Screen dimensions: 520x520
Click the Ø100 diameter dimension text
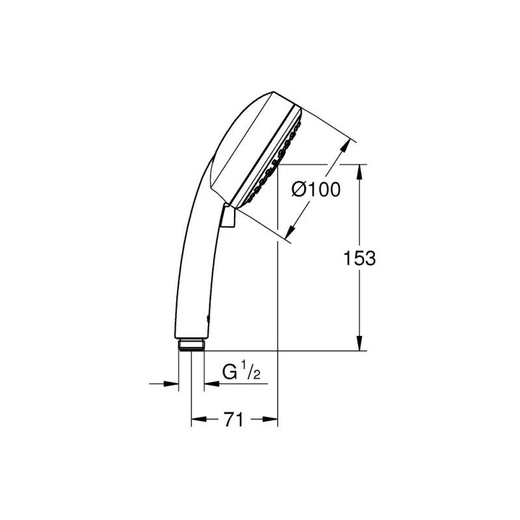click(316, 190)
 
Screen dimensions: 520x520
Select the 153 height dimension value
click(359, 258)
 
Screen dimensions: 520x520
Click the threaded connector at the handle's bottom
click(191, 344)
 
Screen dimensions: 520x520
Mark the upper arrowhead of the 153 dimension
click(359, 169)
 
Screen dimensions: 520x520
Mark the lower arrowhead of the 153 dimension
click(359, 346)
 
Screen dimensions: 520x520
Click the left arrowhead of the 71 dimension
click(196, 420)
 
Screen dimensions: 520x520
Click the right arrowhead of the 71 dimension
click(273, 420)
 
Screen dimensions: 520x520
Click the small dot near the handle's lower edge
click(207, 318)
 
